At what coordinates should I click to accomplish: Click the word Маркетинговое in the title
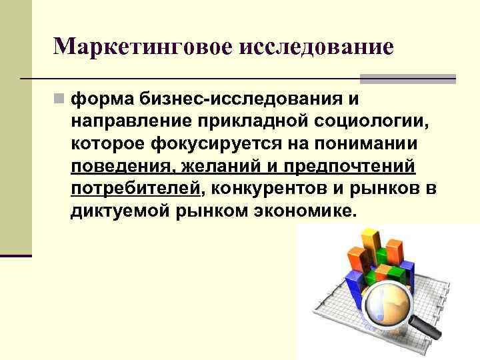(x=143, y=47)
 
